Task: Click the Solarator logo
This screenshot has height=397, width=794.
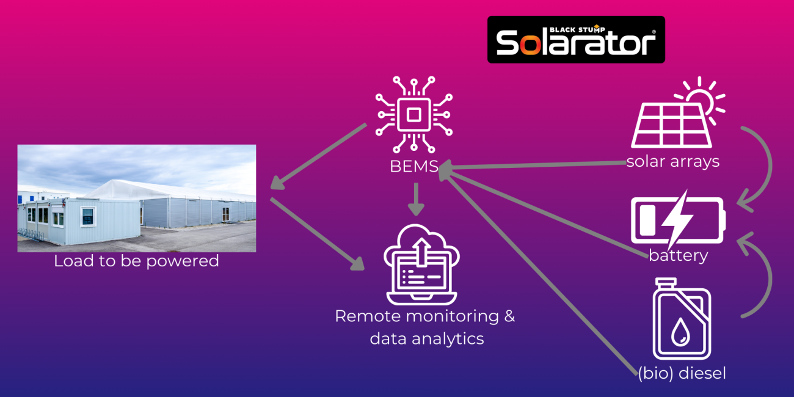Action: (x=575, y=40)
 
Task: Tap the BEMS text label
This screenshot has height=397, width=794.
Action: (x=413, y=166)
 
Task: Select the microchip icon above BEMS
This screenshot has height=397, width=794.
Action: (x=414, y=114)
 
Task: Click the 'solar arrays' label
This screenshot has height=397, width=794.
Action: (x=672, y=162)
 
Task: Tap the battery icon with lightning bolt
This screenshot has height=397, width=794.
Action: (x=677, y=220)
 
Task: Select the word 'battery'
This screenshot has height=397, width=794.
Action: (x=678, y=255)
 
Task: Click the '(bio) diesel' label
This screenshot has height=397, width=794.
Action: (x=682, y=373)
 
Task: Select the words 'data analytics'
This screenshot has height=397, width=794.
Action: (x=426, y=338)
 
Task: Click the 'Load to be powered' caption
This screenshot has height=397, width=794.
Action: (x=136, y=261)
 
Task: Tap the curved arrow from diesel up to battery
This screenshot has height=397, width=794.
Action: (x=760, y=275)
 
